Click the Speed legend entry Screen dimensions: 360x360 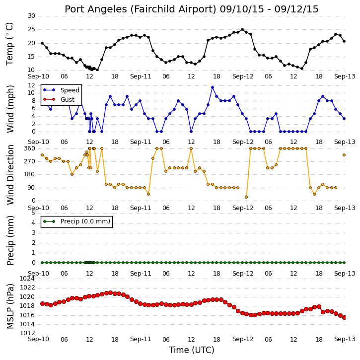[x=61, y=90]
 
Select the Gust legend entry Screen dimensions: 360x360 [x=59, y=99]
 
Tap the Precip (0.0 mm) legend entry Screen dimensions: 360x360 [x=76, y=221]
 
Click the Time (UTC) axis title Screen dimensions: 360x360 [x=192, y=350]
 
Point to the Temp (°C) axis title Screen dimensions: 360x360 [x=9, y=44]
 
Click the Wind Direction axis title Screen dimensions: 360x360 [x=10, y=175]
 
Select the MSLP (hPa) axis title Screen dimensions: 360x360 [x=10, y=306]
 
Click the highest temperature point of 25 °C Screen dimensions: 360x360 [x=242, y=30]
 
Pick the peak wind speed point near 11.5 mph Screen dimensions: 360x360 [x=213, y=87]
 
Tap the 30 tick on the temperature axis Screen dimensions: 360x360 [x=31, y=16]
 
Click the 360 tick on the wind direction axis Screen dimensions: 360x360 [x=30, y=148]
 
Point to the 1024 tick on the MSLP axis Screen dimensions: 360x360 [x=27, y=279]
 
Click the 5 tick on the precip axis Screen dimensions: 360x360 [x=33, y=213]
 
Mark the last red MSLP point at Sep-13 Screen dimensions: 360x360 [x=344, y=317]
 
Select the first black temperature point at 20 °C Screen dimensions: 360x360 [x=42, y=43]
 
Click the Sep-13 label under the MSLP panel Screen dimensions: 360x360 [x=345, y=339]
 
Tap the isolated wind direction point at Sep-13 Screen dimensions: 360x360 [x=344, y=155]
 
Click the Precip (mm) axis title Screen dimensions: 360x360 [x=10, y=240]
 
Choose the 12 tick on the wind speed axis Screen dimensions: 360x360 [x=31, y=85]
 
